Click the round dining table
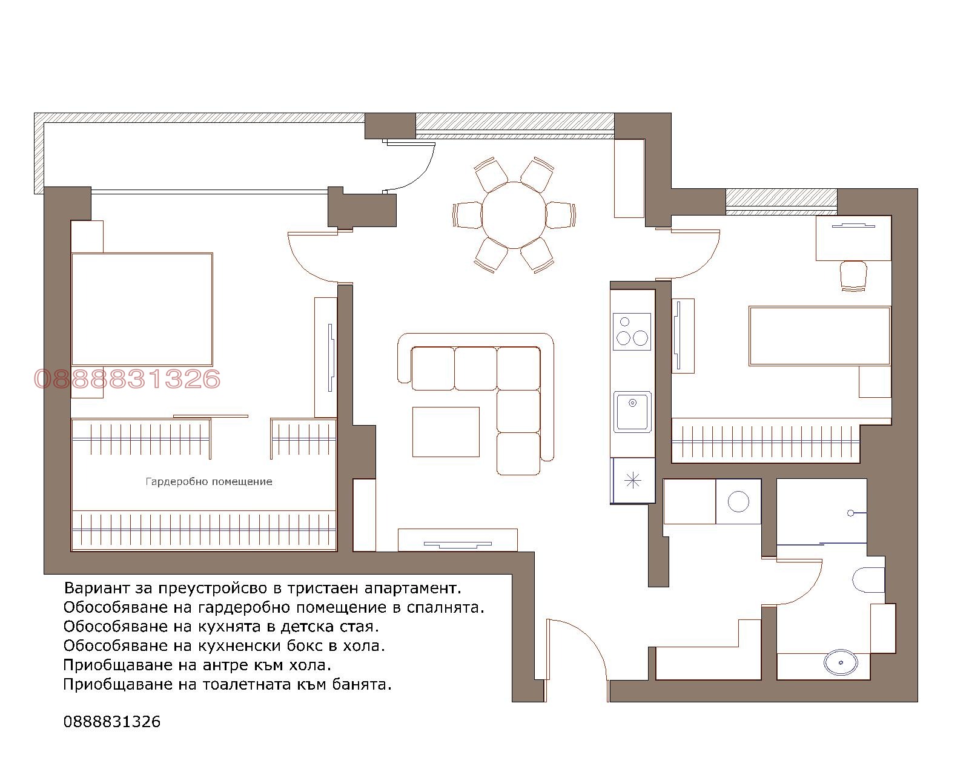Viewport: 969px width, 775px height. pos(514,215)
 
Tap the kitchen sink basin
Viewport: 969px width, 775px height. pos(632,412)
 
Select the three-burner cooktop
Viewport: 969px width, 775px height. pos(632,331)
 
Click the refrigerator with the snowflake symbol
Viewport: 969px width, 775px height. pos(633,481)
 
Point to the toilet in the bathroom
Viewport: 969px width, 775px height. pos(868,579)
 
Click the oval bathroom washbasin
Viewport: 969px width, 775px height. pos(841,662)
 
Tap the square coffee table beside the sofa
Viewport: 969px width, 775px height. pos(446,432)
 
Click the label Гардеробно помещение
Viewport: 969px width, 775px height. pos(209,482)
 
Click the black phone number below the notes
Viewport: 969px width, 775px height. pos(111,722)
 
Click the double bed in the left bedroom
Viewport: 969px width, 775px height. pos(142,309)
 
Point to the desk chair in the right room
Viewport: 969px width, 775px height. pos(853,275)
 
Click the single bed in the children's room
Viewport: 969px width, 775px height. pos(819,336)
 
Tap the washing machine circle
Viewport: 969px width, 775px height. pos(738,501)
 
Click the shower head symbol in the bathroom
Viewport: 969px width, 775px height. pos(850,513)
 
